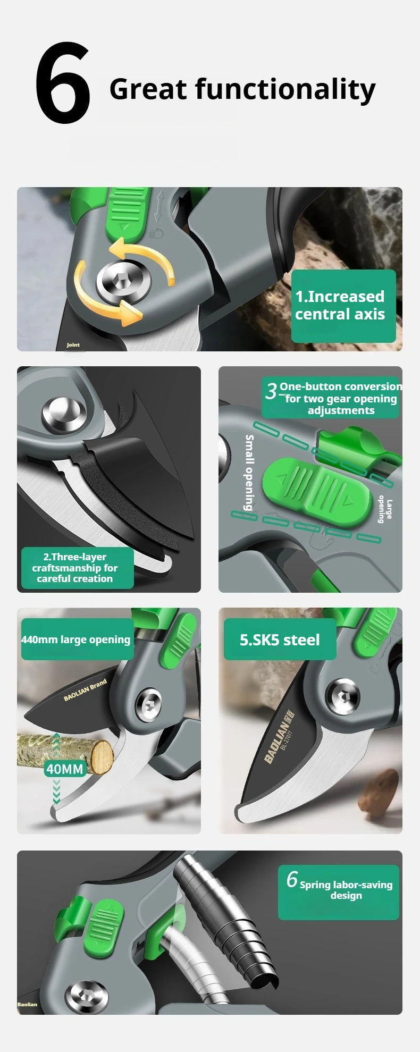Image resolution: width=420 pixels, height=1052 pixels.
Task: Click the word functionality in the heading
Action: coord(285,89)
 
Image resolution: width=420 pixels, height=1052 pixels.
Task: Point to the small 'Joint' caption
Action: coord(73,345)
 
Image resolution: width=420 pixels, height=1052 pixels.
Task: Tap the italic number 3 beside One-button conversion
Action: coord(271,391)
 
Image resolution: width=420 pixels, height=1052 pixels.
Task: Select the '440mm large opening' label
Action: coord(75,639)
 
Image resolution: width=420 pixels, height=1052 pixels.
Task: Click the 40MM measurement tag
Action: coord(65,769)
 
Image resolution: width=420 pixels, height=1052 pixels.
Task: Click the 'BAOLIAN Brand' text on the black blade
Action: coord(85,689)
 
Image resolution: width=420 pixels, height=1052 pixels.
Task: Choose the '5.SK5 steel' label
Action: coord(280,639)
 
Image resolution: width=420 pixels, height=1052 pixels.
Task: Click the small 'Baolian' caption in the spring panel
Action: coord(27,1004)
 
